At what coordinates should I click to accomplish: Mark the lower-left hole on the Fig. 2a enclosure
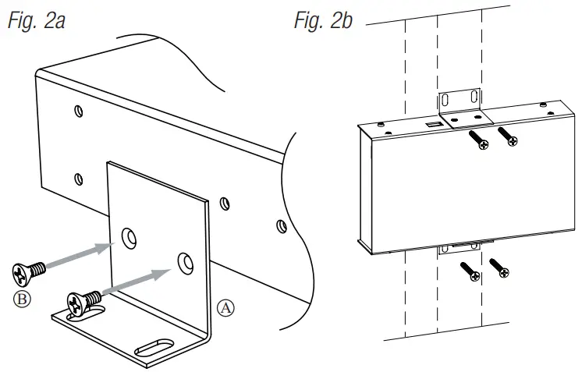[x=78, y=179]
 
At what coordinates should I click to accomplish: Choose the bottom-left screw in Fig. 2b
[x=471, y=274]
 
